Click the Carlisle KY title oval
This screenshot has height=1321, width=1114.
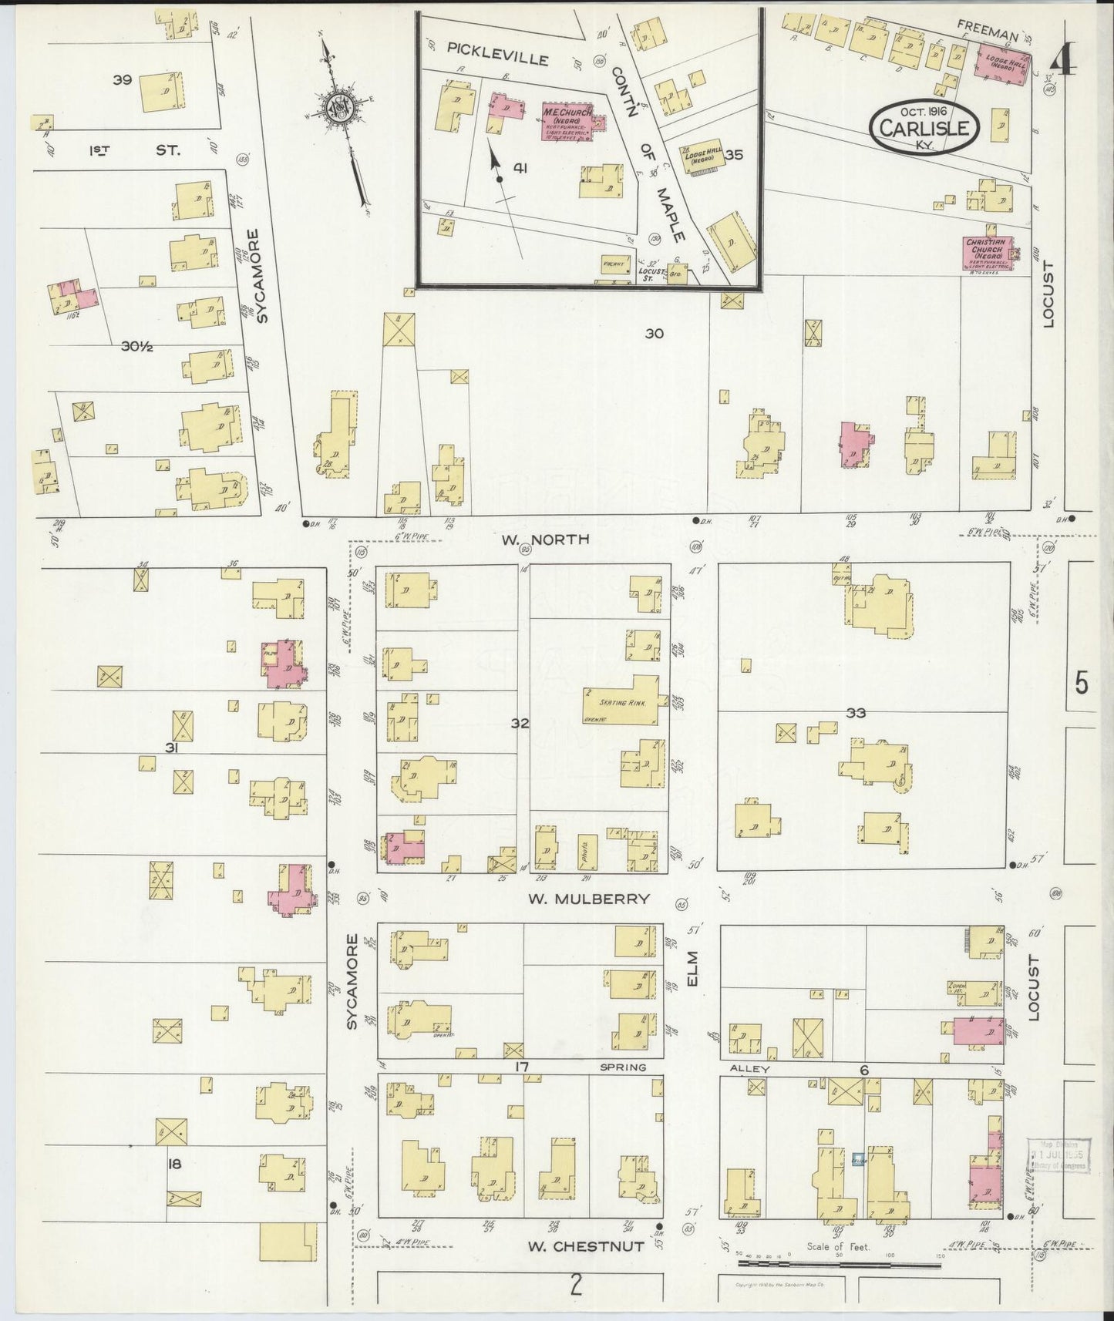pos(925,124)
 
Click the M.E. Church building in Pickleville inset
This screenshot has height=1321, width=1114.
pos(568,122)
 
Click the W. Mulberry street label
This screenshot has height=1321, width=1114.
pos(590,899)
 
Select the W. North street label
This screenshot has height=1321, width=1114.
pos(545,539)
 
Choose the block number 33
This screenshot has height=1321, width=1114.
pos(856,713)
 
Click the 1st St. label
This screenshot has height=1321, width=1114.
pos(135,150)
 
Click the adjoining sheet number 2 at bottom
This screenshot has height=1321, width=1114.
pos(575,1284)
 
